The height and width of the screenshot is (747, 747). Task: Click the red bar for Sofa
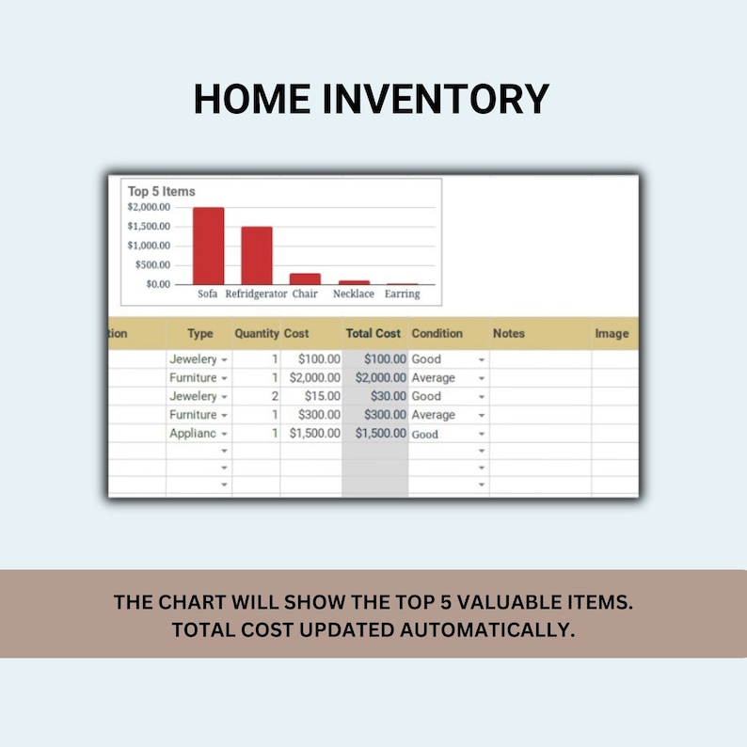click(x=208, y=246)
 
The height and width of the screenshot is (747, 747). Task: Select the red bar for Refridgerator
click(x=256, y=255)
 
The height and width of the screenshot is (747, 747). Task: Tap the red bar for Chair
click(x=305, y=278)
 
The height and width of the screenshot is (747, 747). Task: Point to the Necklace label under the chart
click(x=353, y=294)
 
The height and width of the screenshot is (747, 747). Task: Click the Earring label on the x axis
click(x=403, y=294)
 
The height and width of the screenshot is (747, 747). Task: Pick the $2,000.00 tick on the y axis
click(x=149, y=207)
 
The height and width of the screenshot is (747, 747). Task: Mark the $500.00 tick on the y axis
click(x=151, y=264)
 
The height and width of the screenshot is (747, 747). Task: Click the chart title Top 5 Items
click(x=162, y=192)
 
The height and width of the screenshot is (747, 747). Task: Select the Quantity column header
click(x=256, y=334)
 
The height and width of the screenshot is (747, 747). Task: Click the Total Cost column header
click(x=373, y=334)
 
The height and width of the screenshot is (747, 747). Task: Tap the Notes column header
click(x=509, y=334)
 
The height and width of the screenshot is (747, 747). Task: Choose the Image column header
click(x=612, y=334)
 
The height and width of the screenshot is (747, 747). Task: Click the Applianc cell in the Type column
click(x=192, y=434)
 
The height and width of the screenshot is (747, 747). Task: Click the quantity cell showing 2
click(x=274, y=396)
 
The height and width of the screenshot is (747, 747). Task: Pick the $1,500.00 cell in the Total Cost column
click(x=380, y=434)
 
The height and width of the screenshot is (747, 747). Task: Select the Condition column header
click(x=437, y=334)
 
